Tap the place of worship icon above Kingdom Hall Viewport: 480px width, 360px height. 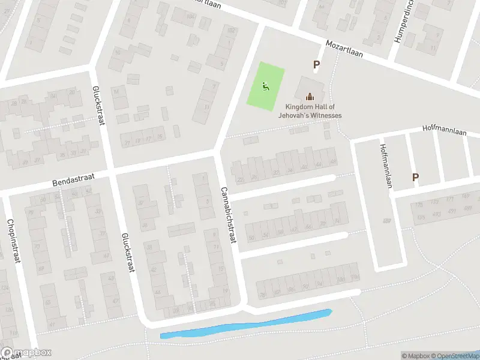coord(310,96)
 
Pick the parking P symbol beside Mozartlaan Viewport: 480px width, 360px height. coord(316,65)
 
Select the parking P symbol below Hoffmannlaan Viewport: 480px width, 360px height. coord(415,177)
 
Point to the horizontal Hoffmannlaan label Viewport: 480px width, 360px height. coord(444,128)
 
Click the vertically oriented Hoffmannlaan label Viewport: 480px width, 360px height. coord(385,166)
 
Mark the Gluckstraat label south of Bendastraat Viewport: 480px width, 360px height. coord(127,253)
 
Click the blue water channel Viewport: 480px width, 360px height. coord(246,325)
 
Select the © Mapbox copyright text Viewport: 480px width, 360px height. coord(416,356)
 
